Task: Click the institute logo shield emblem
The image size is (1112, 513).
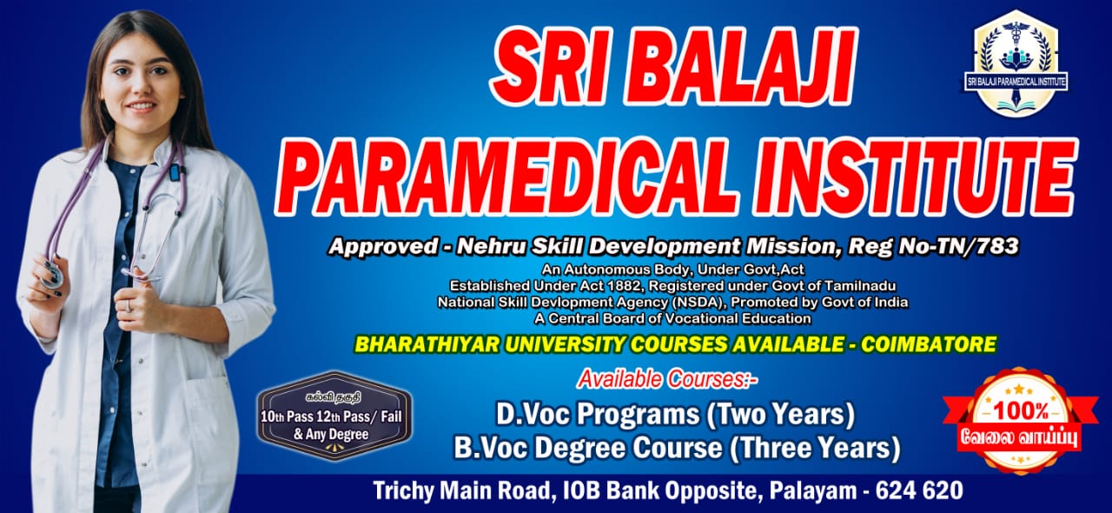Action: [x=1016, y=63]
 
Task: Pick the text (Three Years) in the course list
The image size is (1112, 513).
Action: [x=815, y=449]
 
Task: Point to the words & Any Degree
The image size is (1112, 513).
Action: [x=331, y=435]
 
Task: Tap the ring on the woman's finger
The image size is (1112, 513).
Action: [x=128, y=305]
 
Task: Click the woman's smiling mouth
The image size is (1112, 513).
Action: [x=142, y=106]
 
